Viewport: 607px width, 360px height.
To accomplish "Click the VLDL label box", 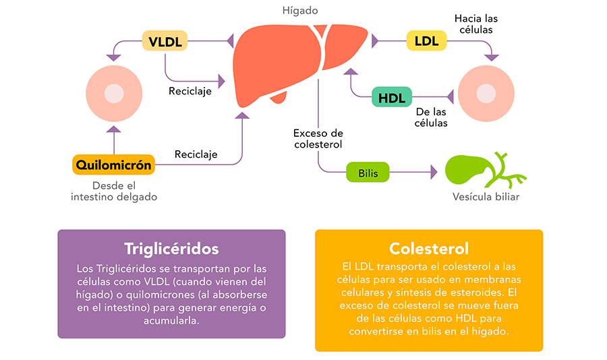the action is [x=165, y=40].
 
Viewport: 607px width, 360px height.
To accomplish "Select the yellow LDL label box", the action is [x=426, y=40].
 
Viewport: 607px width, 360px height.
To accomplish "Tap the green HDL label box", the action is [x=392, y=97].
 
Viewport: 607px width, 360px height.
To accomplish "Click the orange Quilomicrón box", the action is [x=114, y=164].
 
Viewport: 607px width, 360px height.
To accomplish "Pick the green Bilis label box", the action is [x=368, y=173].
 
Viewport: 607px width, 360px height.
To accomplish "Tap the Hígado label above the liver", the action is [x=300, y=11].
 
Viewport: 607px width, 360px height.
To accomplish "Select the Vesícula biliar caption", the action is [x=486, y=197].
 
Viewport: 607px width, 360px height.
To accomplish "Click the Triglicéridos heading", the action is [x=171, y=249].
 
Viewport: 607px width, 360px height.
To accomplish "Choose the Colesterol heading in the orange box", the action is [x=429, y=249].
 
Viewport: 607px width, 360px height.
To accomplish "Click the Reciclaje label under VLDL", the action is [x=190, y=92].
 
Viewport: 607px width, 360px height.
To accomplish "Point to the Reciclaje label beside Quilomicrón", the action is [x=196, y=154].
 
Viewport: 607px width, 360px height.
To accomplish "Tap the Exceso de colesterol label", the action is [x=318, y=139].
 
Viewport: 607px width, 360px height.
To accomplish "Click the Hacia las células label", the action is [x=476, y=24].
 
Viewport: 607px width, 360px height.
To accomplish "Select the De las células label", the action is [x=431, y=117].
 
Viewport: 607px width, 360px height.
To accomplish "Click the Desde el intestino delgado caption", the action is [x=114, y=191].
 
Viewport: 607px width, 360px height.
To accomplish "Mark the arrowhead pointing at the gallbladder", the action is [x=434, y=173].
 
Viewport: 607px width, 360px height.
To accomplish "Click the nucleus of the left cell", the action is [x=114, y=94].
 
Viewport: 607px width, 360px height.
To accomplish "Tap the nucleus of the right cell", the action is [x=486, y=94].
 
